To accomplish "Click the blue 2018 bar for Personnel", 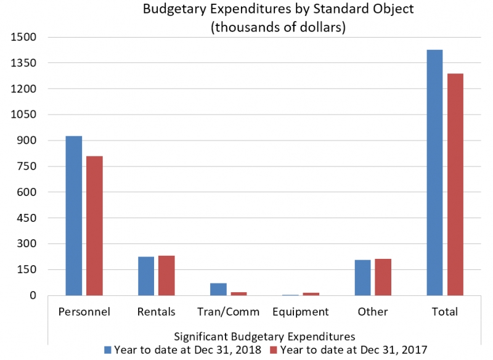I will pos(74,216).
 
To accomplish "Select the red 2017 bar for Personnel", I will pos(94,226).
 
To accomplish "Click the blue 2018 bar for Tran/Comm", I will pos(218,290).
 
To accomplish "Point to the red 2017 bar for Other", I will pos(383,277).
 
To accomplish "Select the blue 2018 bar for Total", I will pos(434,173).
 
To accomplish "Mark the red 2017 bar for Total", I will pos(455,184).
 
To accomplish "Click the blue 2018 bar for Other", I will pos(362,278).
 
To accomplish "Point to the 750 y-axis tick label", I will pos(28,166).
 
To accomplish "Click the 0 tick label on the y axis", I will pos(35,296).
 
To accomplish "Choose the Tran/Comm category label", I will pos(229,312).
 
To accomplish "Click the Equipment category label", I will pos(301,312).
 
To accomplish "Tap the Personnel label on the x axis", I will pos(84,312).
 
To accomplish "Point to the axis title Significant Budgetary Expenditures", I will pos(264,337).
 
